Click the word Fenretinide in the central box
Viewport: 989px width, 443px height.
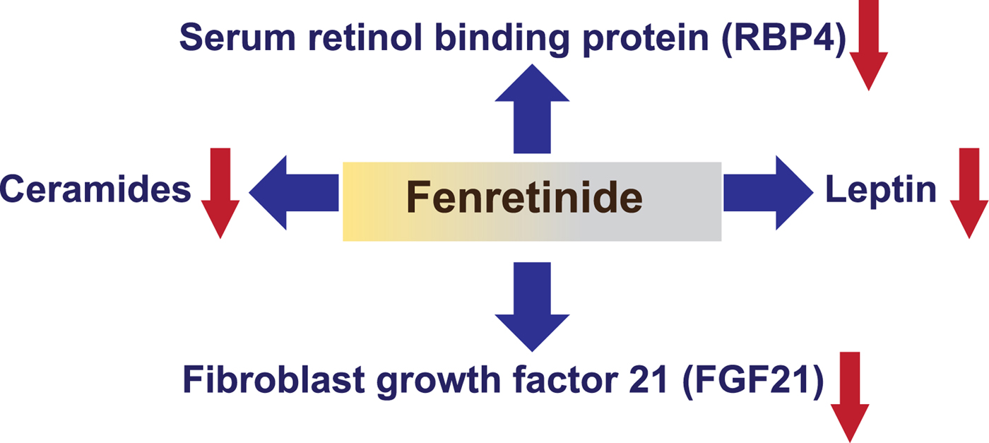click(x=524, y=199)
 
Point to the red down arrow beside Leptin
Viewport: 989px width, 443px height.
click(x=969, y=192)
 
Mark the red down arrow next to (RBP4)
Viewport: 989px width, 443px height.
click(x=868, y=46)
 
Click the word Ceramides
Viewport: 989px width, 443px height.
click(x=95, y=189)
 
